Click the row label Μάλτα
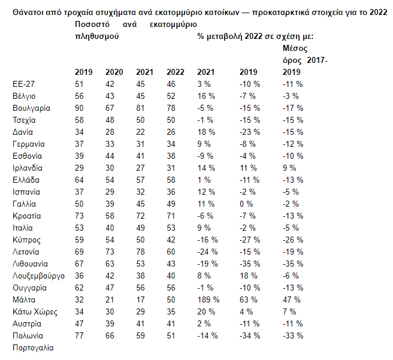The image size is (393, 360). tap(24, 300)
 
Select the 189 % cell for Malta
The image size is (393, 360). tap(208, 300)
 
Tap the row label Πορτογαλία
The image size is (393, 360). tap(33, 348)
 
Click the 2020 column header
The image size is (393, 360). tap(114, 72)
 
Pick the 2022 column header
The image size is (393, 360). tap(176, 72)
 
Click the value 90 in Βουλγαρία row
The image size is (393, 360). tap(79, 108)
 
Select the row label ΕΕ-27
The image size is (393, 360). tap(23, 84)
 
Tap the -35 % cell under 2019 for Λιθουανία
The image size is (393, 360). tap(250, 264)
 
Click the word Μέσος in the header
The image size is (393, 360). tap(295, 48)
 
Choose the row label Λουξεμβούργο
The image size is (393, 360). tap(38, 276)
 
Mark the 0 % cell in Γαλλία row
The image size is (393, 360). tap(246, 204)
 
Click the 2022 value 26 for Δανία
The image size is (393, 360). tap(171, 132)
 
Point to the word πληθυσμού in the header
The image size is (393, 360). tap(96, 37)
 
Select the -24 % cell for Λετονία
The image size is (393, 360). tap(207, 252)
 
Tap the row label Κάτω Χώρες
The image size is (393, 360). tap(35, 311)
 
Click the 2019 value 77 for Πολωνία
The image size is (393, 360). tap(79, 335)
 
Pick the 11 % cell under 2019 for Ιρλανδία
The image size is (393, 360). tap(248, 168)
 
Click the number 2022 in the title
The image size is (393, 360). tap(379, 12)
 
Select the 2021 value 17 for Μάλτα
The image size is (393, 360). tap(140, 300)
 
